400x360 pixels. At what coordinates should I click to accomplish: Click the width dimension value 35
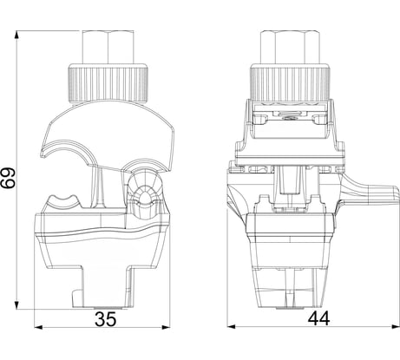pyautogui.click(x=106, y=317)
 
